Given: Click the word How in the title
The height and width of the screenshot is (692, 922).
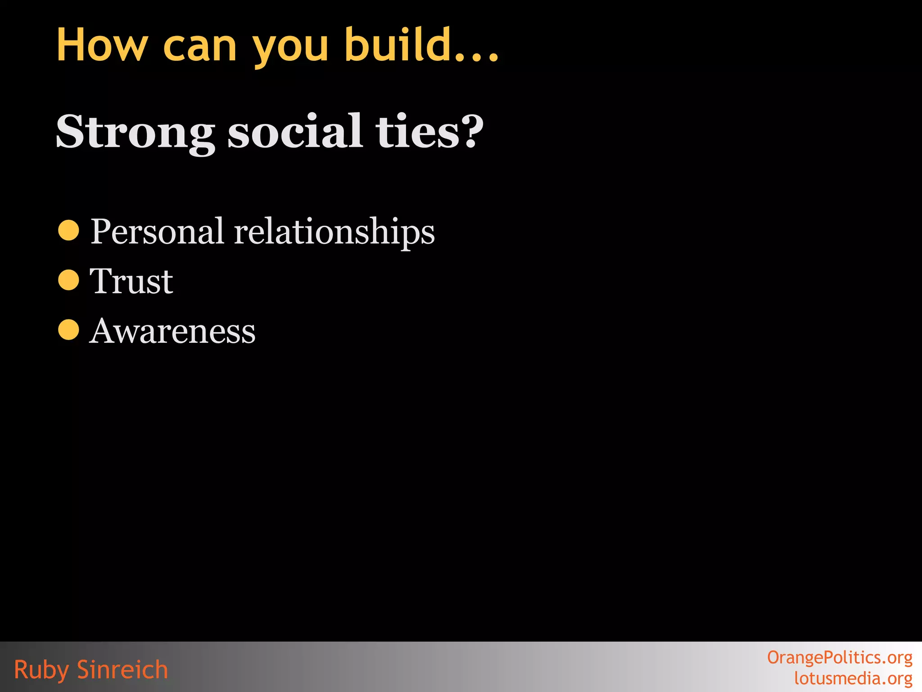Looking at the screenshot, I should click(102, 45).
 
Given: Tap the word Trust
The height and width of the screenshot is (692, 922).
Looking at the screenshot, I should click(131, 281).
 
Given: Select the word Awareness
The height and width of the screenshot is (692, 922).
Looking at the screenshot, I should click(172, 331).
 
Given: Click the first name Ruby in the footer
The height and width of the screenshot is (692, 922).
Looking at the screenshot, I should click(41, 670).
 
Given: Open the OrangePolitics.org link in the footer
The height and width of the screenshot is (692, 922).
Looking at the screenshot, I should click(840, 658).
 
